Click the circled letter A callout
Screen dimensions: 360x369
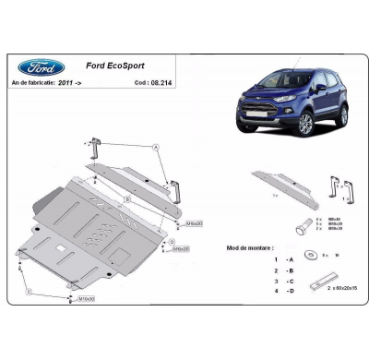click(157, 147)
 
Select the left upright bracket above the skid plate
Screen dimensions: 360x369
click(97, 149)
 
